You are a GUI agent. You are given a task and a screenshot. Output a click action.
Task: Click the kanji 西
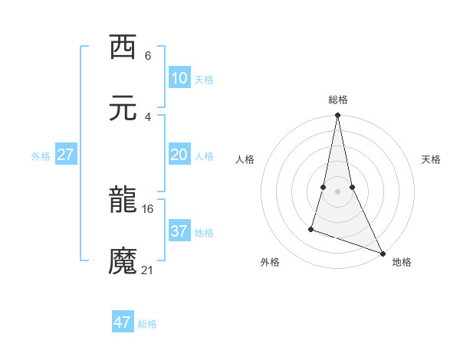coord(123,47)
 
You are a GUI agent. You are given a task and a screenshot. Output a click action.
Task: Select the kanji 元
coord(123,109)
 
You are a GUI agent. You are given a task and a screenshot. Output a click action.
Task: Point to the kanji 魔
coord(123,261)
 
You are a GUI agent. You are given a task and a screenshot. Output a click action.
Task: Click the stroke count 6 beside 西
coord(148,55)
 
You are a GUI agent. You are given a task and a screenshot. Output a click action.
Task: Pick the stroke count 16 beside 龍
coord(148,208)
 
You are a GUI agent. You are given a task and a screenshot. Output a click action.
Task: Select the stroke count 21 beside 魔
coord(148,270)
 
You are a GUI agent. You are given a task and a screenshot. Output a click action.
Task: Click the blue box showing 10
coord(179,78)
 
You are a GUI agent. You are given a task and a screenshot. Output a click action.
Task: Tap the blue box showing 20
coord(179,155)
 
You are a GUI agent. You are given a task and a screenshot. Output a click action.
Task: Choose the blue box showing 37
coord(179,231)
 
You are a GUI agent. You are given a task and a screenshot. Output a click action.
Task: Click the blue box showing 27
coord(66,155)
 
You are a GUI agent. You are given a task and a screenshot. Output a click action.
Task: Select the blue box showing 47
coord(123,322)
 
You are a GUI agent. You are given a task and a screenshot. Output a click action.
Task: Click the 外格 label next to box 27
coord(41,156)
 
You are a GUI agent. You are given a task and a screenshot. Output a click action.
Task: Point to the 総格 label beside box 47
coord(147,324)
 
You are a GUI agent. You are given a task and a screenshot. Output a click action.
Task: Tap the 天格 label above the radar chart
coord(432,159)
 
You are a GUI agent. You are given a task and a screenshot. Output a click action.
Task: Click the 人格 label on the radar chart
coord(245,159)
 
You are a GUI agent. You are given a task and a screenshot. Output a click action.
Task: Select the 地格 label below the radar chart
coord(402,262)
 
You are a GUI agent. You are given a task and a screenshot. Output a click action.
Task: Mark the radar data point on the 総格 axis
coord(337,116)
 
